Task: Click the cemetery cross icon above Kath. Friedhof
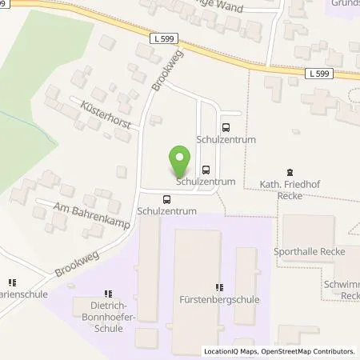click(289, 172)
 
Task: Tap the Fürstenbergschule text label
click(218, 301)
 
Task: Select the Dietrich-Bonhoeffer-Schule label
click(110, 310)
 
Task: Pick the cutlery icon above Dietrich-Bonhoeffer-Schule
click(110, 294)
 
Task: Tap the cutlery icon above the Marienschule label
click(12, 282)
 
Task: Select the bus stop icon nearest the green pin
click(206, 169)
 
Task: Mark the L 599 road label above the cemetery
click(318, 73)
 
